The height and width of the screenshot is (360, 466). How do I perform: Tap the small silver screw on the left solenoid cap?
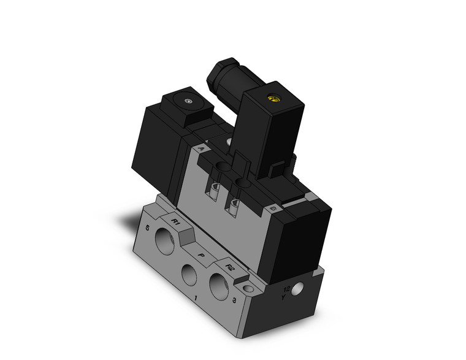(x=186, y=101)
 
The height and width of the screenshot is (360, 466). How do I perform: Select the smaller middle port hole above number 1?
(x=190, y=272)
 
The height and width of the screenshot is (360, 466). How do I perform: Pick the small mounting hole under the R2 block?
(x=248, y=287)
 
